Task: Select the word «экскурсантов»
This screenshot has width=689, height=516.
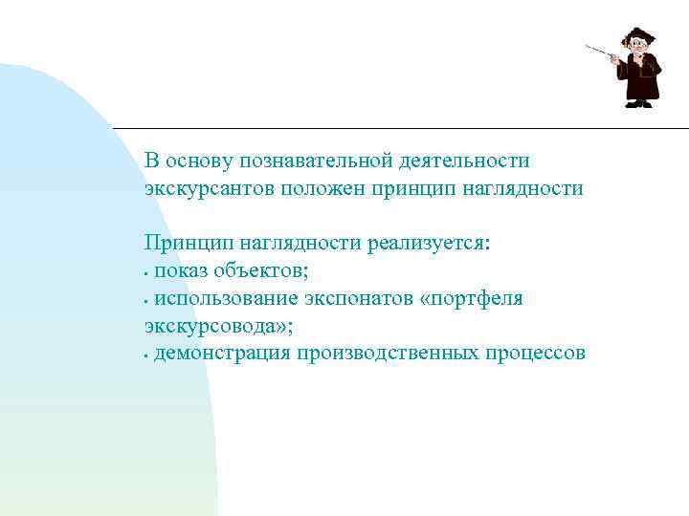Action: (x=210, y=189)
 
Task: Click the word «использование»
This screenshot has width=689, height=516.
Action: (x=228, y=299)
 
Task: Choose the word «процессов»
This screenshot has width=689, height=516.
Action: (x=534, y=355)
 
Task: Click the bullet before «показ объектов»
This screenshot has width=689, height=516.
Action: (x=147, y=273)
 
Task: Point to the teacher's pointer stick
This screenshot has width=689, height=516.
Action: (x=598, y=50)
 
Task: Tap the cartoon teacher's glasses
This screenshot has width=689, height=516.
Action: (x=635, y=44)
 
